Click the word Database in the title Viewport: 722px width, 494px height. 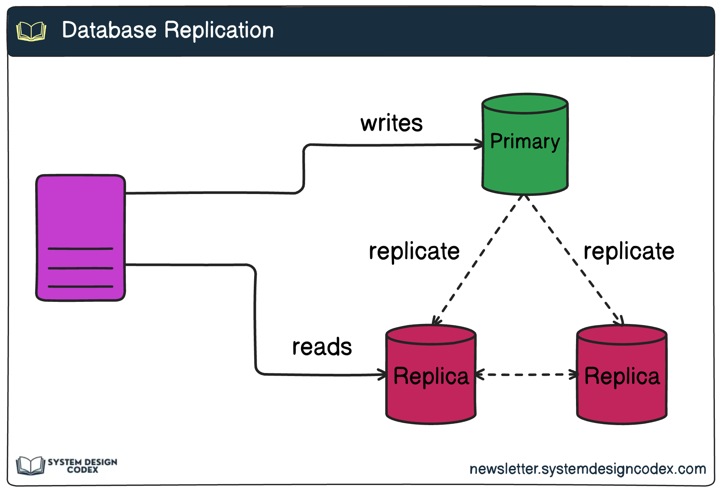coord(109,30)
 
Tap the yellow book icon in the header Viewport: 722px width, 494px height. coord(31,31)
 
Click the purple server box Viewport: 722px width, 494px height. coord(80,210)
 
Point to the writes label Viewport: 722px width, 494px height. coord(391,123)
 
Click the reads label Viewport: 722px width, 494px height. coord(322,347)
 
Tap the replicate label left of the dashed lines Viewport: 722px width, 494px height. coord(414,251)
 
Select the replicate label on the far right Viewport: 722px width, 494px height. coord(629,251)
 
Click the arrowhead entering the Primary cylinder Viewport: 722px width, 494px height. coord(479,144)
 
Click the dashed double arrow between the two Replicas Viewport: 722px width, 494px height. coord(527,374)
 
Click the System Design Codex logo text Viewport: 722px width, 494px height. coord(82,466)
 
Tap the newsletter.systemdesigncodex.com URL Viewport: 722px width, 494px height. coord(588,469)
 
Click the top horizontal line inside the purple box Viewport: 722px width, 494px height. coord(80,248)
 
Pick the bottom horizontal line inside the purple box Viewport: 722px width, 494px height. coord(80,287)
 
